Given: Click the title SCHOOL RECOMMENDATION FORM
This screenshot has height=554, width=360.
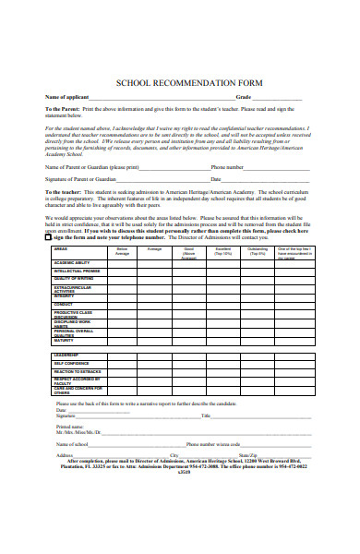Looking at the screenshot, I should (188, 82).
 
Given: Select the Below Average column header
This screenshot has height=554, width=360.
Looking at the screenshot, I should (122, 250).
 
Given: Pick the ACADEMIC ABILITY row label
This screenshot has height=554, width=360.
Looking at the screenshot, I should (74, 263).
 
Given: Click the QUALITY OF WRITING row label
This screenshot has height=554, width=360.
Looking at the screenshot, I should (74, 278).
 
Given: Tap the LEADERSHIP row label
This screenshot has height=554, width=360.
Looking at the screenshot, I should (66, 355).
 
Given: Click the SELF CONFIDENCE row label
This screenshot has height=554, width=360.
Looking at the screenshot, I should (71, 363).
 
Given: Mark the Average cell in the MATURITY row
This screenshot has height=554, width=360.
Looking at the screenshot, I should (154, 339).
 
